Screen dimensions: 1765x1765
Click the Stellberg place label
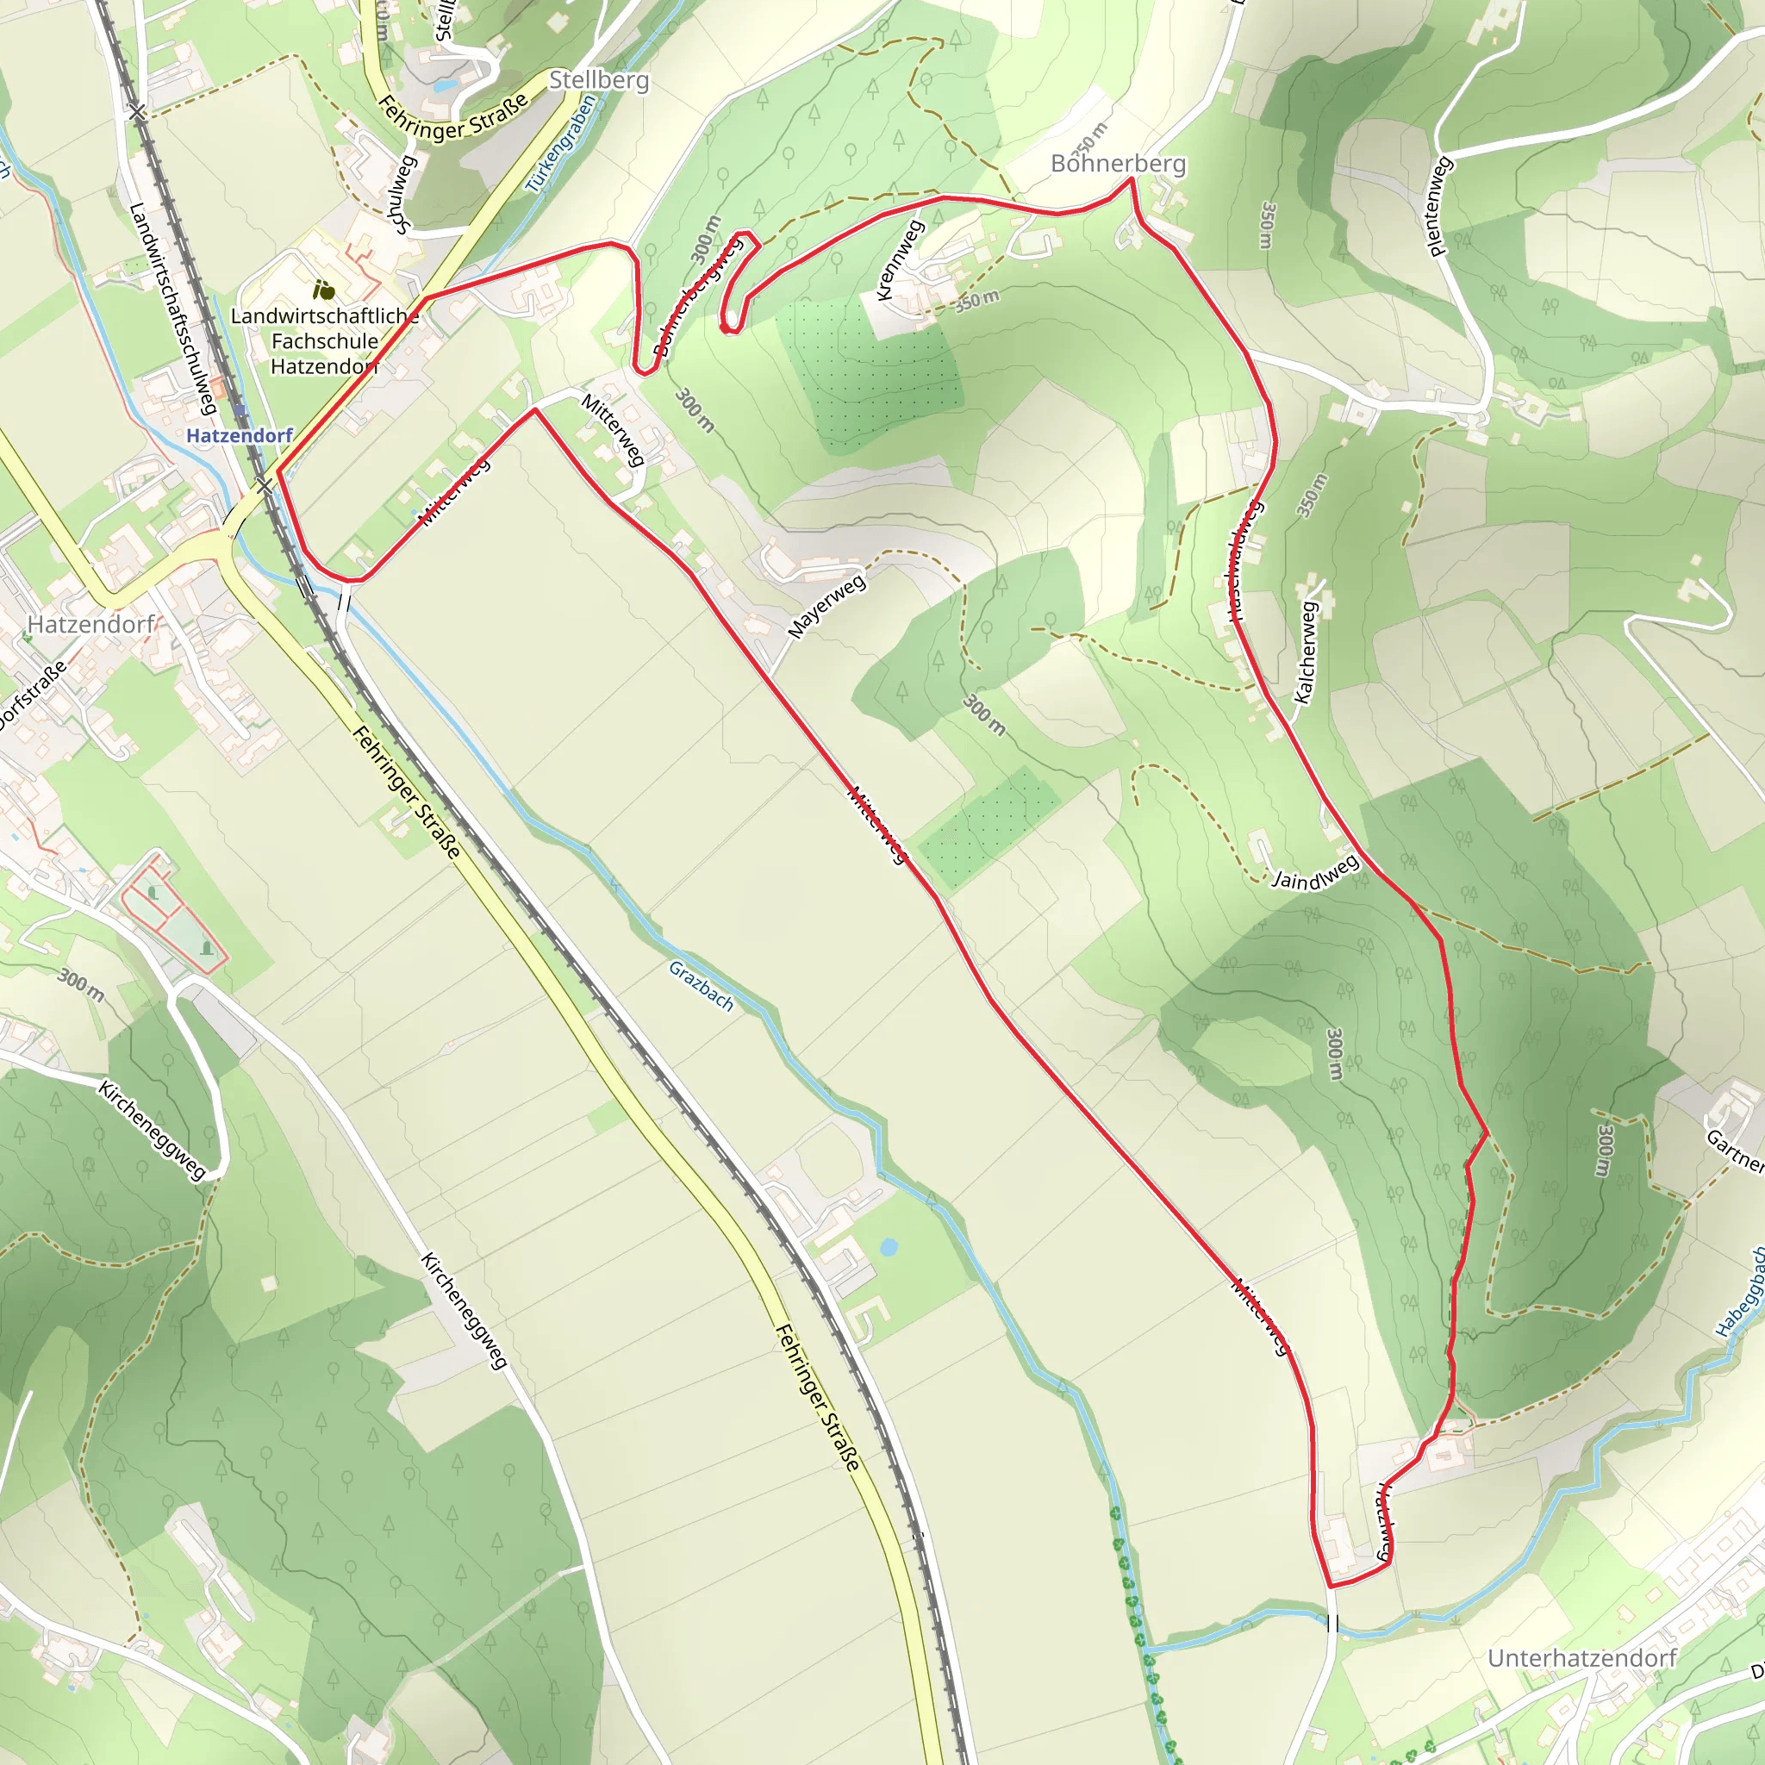(x=599, y=80)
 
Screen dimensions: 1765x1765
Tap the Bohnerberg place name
(x=1118, y=164)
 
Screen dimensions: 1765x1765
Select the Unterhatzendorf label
(x=1582, y=1658)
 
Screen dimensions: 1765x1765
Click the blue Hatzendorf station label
(x=240, y=436)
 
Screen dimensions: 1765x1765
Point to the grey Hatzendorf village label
(x=91, y=625)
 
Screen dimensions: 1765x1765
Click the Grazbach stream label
(x=701, y=986)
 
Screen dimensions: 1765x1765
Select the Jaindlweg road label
(x=1315, y=872)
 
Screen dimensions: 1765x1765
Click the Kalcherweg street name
(x=1307, y=652)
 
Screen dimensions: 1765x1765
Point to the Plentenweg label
(x=1438, y=207)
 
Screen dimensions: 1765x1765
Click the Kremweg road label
(x=900, y=259)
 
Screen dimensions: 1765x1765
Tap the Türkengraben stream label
(x=561, y=143)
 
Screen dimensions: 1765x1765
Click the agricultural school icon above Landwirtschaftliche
(x=322, y=290)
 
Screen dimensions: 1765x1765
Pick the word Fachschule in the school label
(x=325, y=341)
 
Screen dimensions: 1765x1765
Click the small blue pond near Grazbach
(x=887, y=1247)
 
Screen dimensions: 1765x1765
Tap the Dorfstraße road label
(x=32, y=695)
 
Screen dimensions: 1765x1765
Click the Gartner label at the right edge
(x=1736, y=1151)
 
